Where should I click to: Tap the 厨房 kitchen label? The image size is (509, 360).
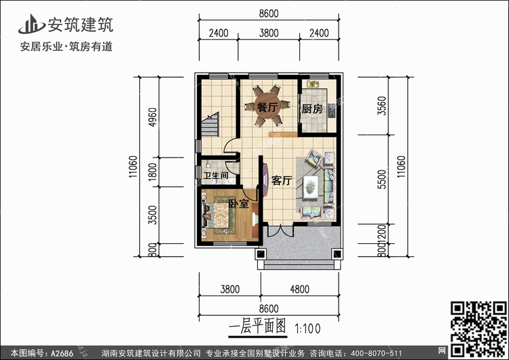(312, 108)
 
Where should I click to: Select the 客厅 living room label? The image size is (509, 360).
(282, 181)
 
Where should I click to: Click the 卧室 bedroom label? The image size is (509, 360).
(237, 203)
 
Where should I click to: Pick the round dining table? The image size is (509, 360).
(267, 107)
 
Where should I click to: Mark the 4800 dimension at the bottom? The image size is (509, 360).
(300, 289)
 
